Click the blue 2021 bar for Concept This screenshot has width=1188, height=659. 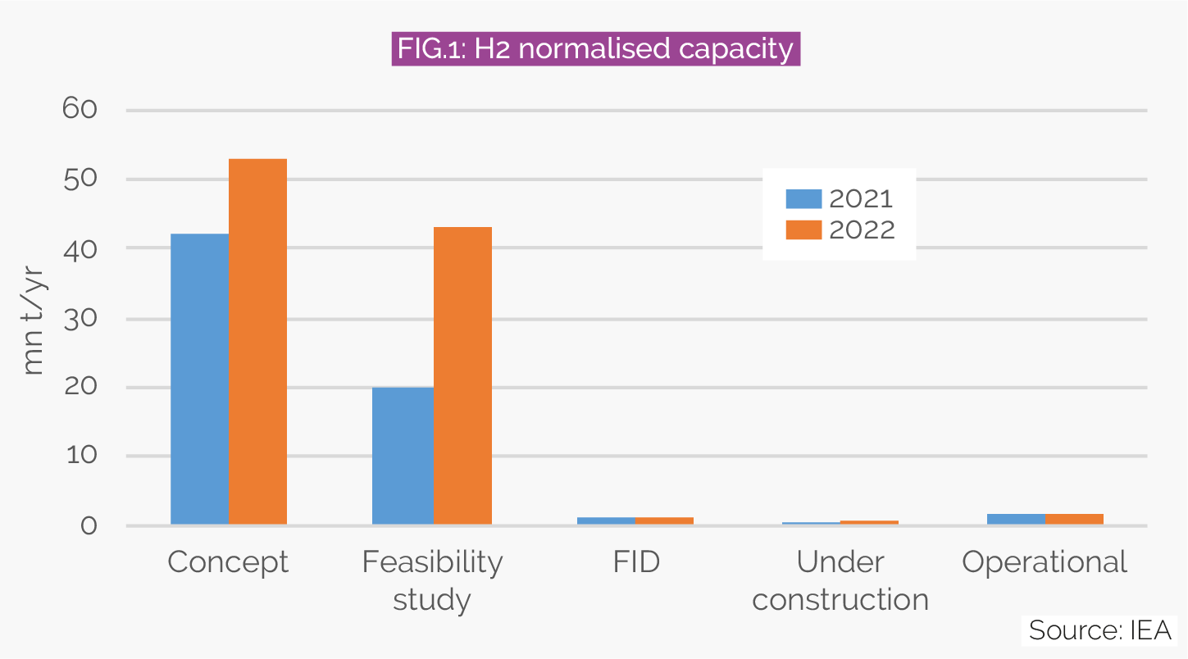[199, 379]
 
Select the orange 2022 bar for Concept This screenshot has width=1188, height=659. [257, 341]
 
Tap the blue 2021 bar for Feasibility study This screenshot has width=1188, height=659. [403, 456]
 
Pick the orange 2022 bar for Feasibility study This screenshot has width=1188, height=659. [462, 375]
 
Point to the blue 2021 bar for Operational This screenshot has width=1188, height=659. [1016, 519]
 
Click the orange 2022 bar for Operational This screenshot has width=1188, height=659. [1074, 519]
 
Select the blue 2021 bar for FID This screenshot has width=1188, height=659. [606, 520]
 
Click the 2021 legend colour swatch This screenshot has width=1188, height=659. [803, 199]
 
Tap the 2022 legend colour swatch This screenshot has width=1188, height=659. [803, 230]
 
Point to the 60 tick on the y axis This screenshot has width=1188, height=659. [80, 110]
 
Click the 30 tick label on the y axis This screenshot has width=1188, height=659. [80, 318]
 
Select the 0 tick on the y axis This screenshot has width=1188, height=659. [89, 525]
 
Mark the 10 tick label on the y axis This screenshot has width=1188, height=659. [80, 457]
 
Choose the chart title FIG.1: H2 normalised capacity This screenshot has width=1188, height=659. [595, 49]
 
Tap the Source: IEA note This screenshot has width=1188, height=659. [1101, 630]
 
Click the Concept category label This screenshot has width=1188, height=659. [228, 562]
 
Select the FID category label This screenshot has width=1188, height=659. [635, 562]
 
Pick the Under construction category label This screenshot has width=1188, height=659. [840, 581]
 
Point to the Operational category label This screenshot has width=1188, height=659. [1045, 562]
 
